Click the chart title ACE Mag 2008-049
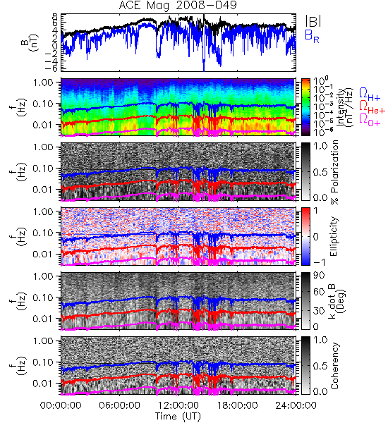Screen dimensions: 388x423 coord(178,6)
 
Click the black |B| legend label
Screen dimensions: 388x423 coord(313,21)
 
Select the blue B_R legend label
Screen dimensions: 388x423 coord(312,36)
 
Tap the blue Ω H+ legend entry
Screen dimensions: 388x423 coord(370,95)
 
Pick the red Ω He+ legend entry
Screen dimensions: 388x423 coord(372,107)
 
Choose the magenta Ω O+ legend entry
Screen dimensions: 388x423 coord(370,120)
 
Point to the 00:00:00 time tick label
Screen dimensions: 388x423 coord(61,405)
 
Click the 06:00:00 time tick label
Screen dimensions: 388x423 coord(119,405)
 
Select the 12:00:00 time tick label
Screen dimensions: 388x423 coord(178,405)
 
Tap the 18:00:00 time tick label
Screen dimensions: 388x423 coord(237,405)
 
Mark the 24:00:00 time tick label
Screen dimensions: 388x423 coord(296,405)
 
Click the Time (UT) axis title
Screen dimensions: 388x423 coord(178,417)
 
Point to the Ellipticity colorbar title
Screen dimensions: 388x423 coord(334,236)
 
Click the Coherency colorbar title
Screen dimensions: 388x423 coord(334,366)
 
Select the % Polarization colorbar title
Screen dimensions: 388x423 coord(334,172)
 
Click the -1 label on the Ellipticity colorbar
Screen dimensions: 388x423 coord(319,262)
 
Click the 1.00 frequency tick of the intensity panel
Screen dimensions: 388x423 coord(44,82)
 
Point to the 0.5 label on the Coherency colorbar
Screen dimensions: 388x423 coord(320,366)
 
